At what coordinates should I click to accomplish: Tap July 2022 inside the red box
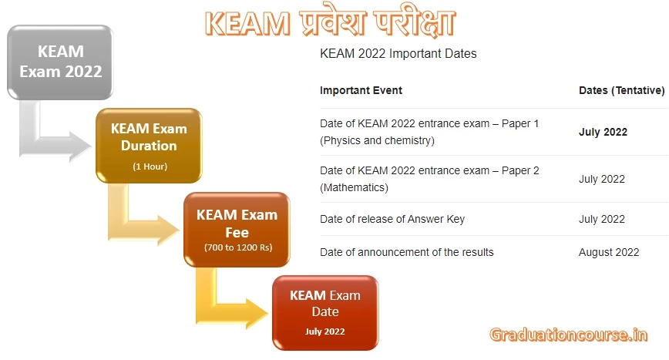324,331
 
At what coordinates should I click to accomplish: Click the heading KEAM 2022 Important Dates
398,54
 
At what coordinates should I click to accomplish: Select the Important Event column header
361,90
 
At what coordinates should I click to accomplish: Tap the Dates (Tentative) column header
621,90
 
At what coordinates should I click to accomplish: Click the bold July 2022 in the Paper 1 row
603,132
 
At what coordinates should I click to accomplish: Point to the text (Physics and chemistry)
377,140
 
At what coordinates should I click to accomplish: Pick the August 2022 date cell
609,252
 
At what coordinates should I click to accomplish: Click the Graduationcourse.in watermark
569,335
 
